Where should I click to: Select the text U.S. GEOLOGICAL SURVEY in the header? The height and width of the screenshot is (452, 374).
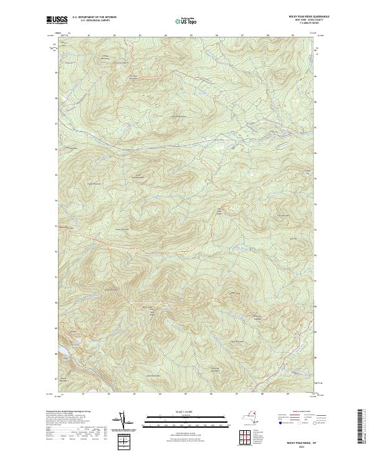click(93, 22)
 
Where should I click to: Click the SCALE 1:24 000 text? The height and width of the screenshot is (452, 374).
click(186, 412)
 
